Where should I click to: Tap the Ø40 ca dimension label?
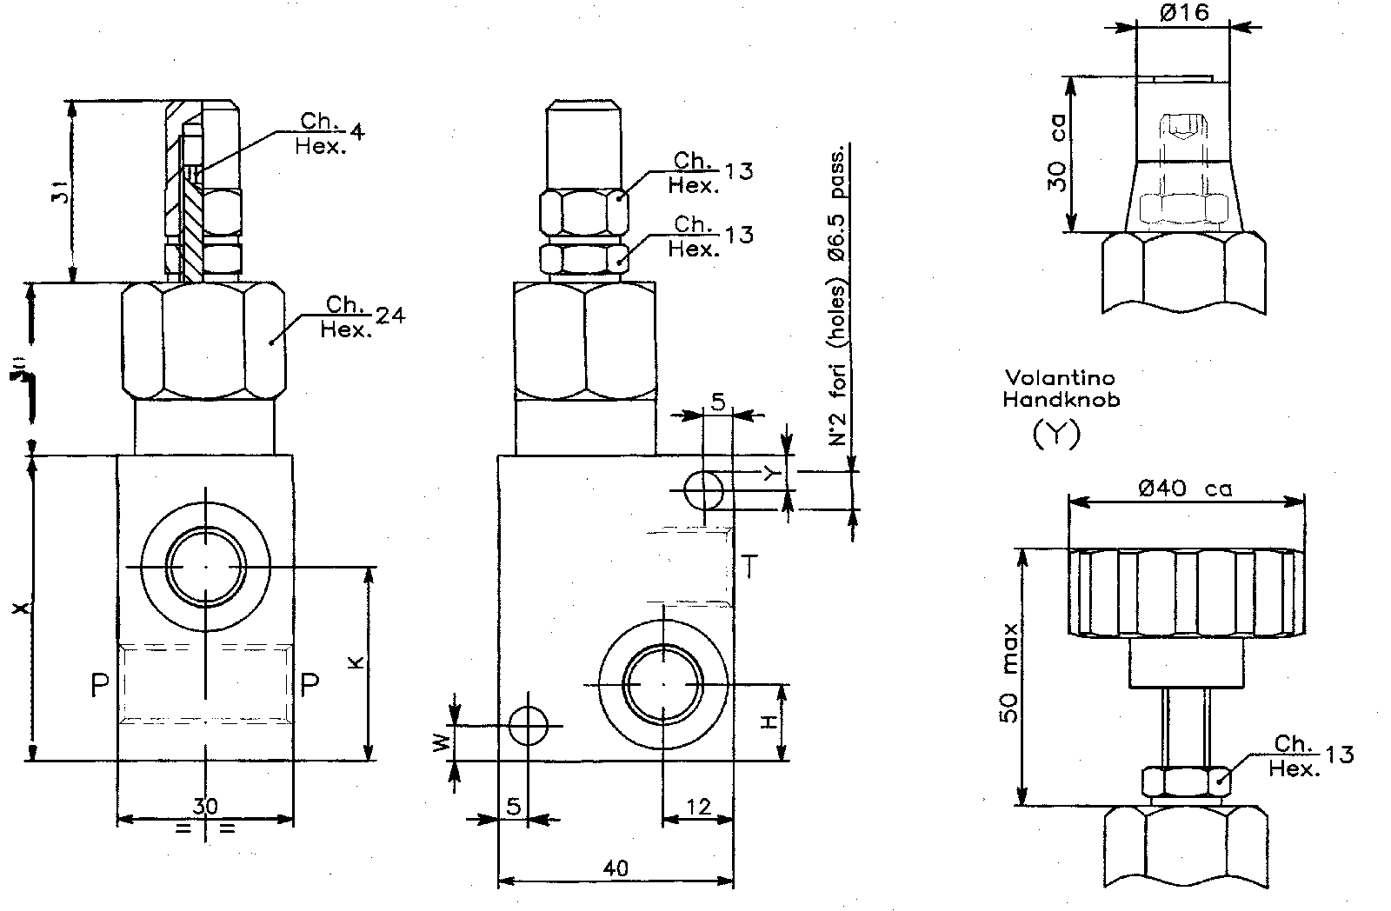click(x=1184, y=489)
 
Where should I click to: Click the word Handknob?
click(x=1061, y=400)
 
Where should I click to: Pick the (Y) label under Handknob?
click(x=1055, y=433)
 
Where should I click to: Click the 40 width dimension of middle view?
click(x=615, y=868)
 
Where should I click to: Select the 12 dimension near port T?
click(x=698, y=807)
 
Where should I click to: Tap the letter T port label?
click(x=750, y=568)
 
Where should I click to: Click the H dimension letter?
click(x=769, y=722)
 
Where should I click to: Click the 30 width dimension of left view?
click(x=205, y=806)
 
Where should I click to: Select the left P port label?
click(x=99, y=686)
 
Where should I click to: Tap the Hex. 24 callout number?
click(x=391, y=316)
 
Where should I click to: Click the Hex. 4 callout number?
click(x=356, y=131)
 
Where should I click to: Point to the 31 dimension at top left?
click(x=57, y=191)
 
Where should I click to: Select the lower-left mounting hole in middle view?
click(x=528, y=725)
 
